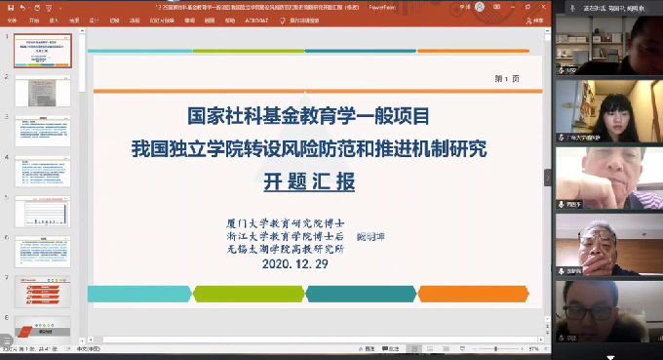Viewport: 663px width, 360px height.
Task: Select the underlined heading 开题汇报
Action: click(x=308, y=181)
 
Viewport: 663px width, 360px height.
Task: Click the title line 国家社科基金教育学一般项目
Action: click(x=308, y=117)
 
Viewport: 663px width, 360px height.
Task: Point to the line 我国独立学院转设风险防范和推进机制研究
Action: click(x=308, y=149)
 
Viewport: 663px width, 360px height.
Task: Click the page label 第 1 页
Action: click(x=508, y=79)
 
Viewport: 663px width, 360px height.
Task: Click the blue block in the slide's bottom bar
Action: click(x=138, y=294)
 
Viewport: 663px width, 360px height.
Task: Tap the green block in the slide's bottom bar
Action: click(x=249, y=294)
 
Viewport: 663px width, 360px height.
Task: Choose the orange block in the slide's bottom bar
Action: click(x=473, y=294)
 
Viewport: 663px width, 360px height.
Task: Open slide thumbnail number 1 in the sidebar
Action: click(x=42, y=51)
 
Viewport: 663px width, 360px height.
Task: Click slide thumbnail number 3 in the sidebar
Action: click(x=42, y=131)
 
